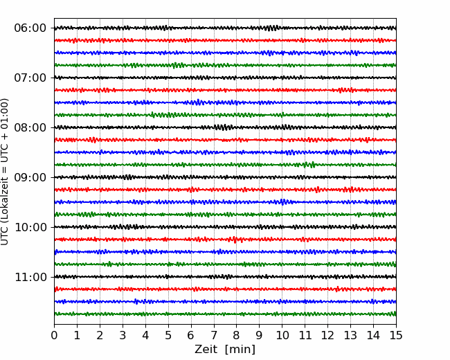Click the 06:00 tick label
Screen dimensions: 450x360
pyautogui.click(x=30, y=28)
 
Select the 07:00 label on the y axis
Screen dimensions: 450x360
pyautogui.click(x=30, y=78)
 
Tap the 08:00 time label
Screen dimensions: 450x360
pyautogui.click(x=30, y=127)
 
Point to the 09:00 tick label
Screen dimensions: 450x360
pyautogui.click(x=30, y=177)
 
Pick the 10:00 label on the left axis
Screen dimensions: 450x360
pyautogui.click(x=30, y=227)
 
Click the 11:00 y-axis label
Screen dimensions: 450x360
pyautogui.click(x=30, y=277)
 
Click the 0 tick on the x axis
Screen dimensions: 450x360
pyautogui.click(x=54, y=335)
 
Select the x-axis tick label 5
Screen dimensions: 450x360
pyautogui.click(x=168, y=335)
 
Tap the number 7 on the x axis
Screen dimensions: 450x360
pyautogui.click(x=214, y=335)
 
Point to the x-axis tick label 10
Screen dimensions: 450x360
pyautogui.click(x=282, y=335)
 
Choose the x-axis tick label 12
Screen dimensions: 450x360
pyautogui.click(x=327, y=335)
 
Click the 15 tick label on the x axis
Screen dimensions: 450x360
pyautogui.click(x=396, y=335)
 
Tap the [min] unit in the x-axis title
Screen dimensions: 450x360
pyautogui.click(x=240, y=350)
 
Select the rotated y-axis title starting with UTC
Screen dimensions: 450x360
pyautogui.click(x=5, y=172)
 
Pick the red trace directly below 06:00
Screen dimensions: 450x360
pyautogui.click(x=225, y=40)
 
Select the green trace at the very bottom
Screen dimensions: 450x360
pyautogui.click(x=225, y=314)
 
